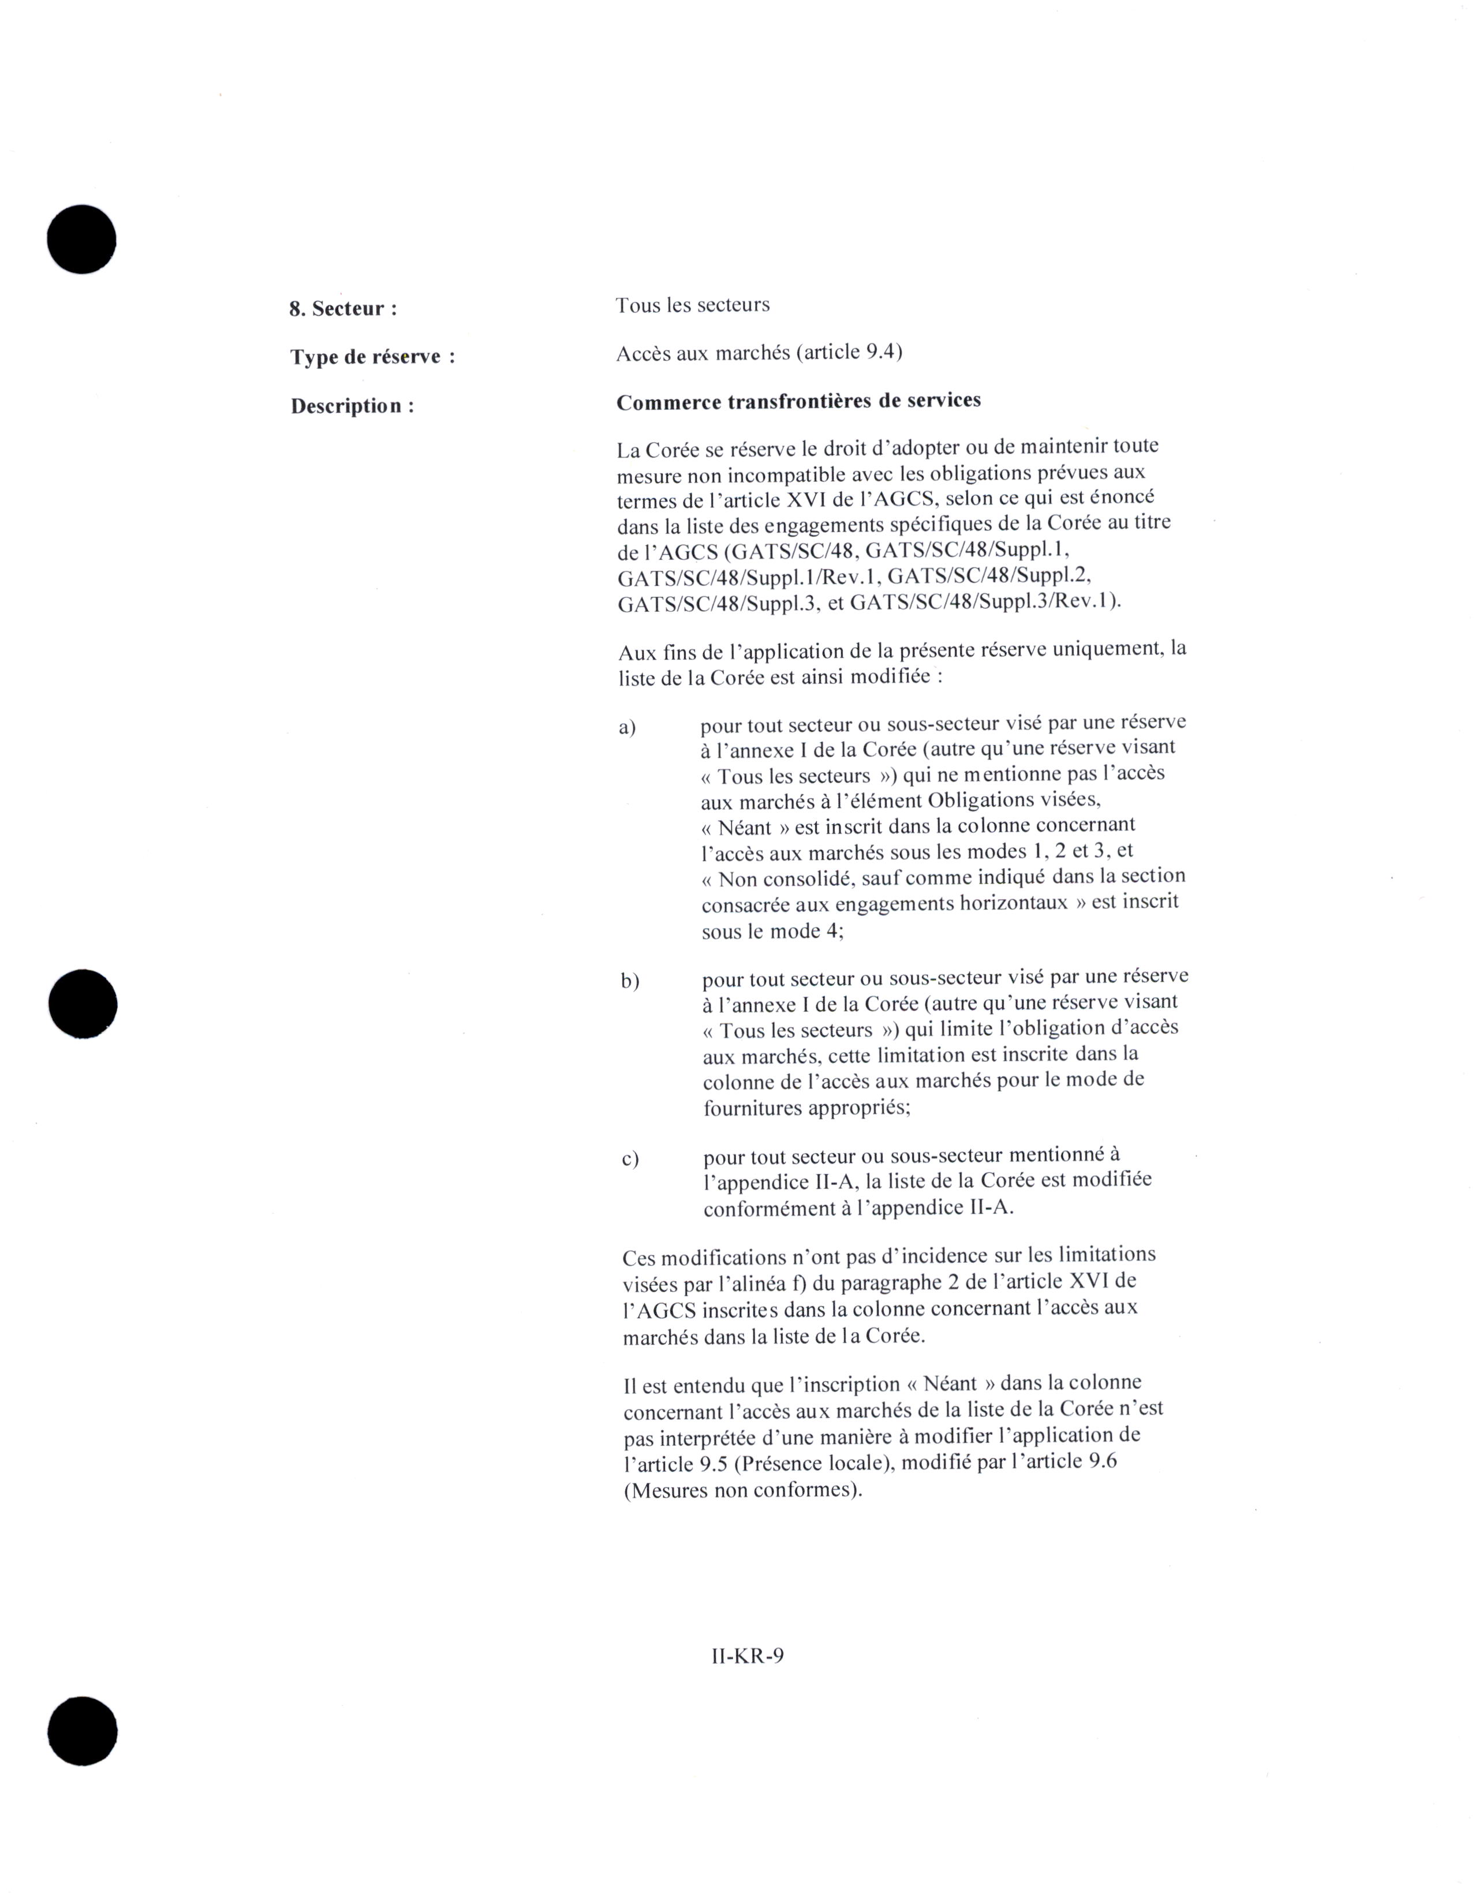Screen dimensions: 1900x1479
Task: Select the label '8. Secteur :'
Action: coord(343,309)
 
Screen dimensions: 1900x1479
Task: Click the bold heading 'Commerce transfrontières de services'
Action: coord(798,401)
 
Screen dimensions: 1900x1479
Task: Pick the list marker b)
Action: coord(630,981)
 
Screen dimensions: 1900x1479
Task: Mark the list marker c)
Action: coord(630,1159)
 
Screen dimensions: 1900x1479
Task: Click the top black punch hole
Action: coord(82,240)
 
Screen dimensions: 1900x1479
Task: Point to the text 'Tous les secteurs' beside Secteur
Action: coord(693,305)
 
